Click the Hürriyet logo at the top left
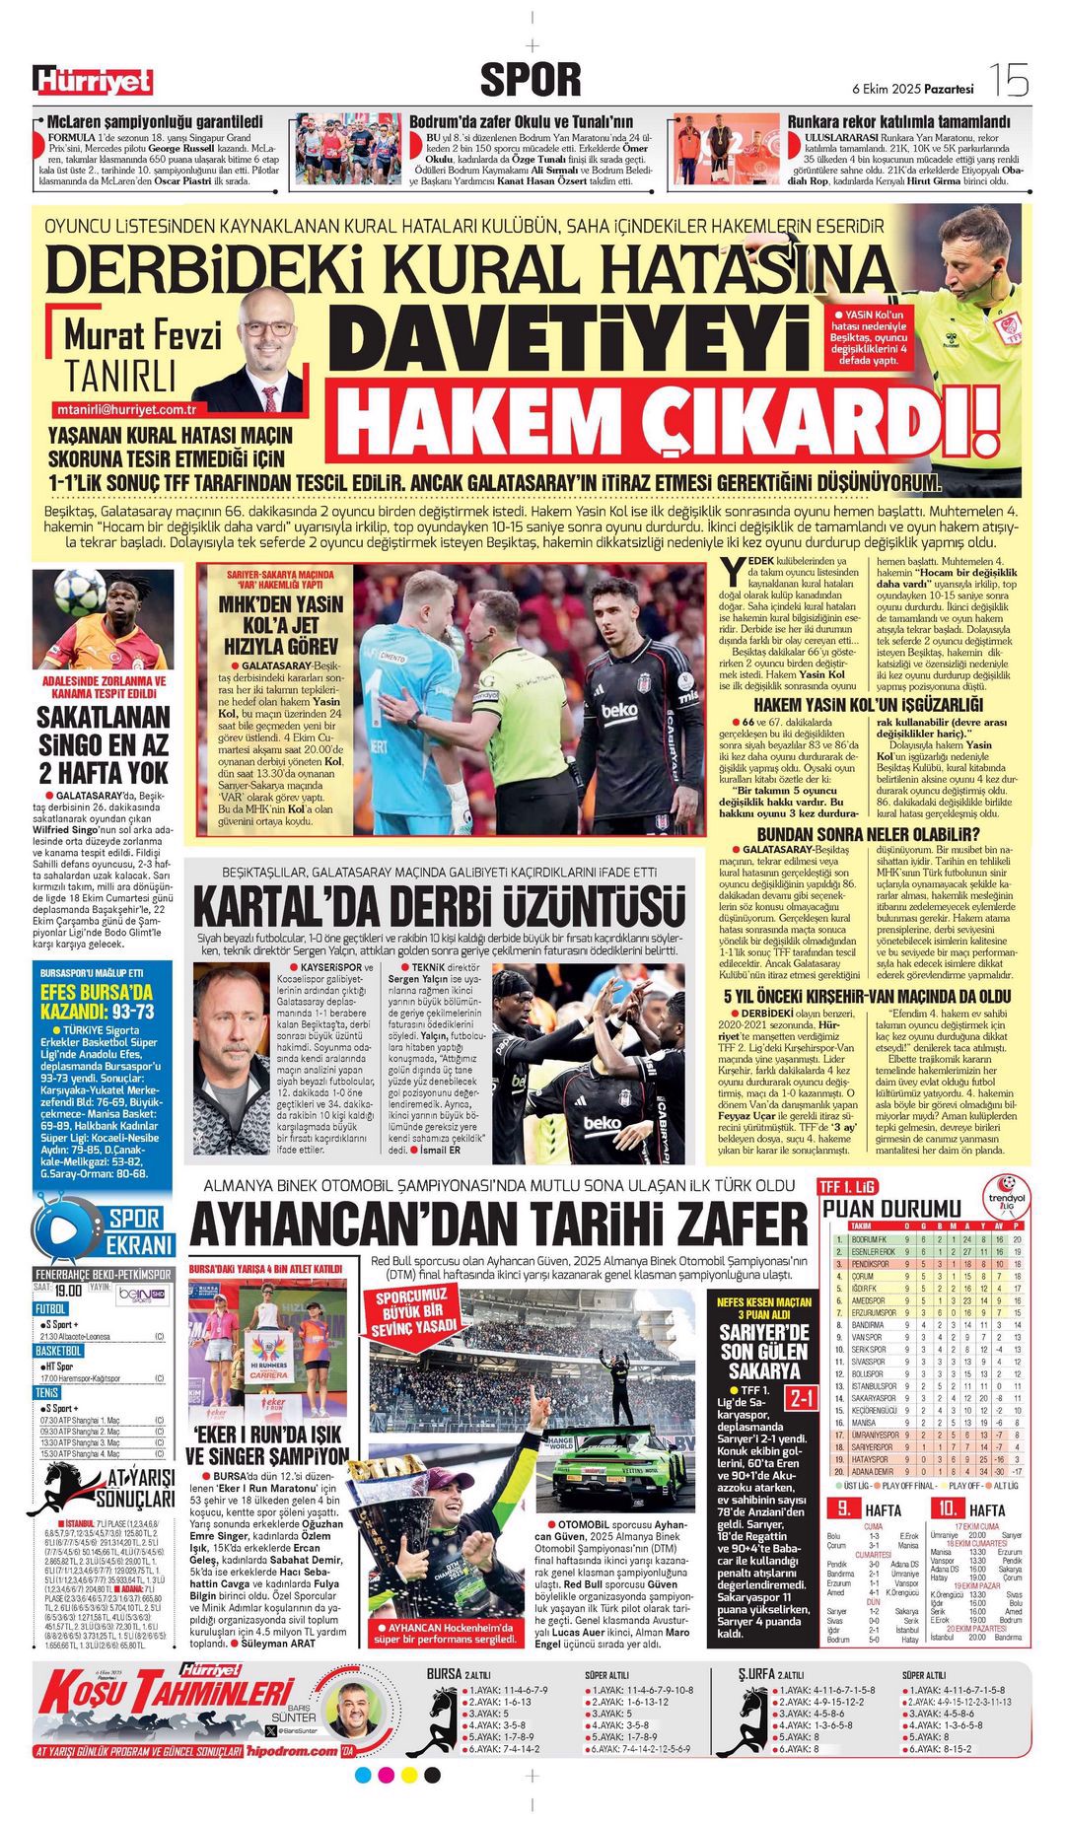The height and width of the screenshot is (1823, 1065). [x=94, y=80]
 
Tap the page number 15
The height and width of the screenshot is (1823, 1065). [x=1010, y=81]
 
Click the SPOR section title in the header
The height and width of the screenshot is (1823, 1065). [x=531, y=80]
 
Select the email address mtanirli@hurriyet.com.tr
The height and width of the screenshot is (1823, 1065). [x=125, y=409]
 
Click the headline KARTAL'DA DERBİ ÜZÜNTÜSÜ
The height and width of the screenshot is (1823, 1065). [x=438, y=906]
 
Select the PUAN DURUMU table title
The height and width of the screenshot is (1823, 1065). [x=891, y=1209]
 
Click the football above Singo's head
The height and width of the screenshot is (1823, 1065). [x=78, y=592]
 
